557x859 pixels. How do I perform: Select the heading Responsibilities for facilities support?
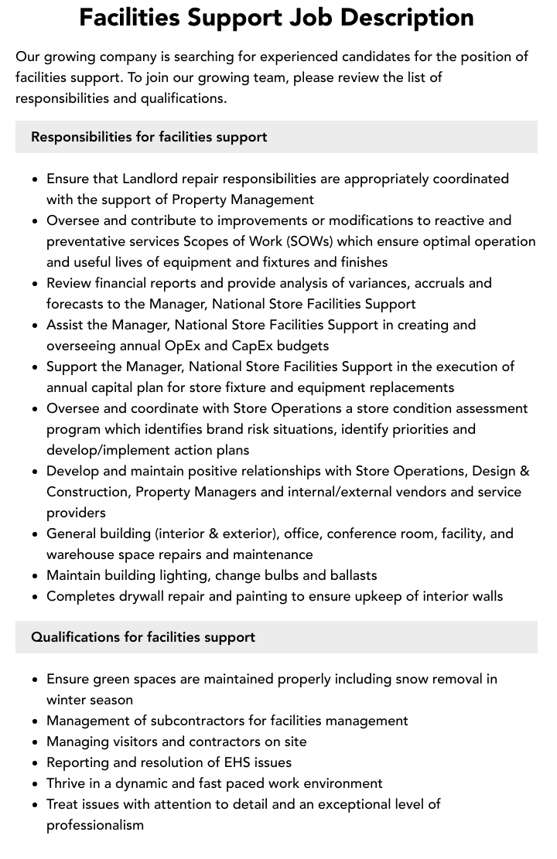click(149, 137)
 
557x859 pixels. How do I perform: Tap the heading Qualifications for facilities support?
click(143, 637)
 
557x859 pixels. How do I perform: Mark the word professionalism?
click(95, 825)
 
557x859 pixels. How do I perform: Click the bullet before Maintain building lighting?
click(36, 576)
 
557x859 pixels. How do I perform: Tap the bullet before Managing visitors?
click(36, 742)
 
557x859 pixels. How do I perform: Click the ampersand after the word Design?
click(524, 471)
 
